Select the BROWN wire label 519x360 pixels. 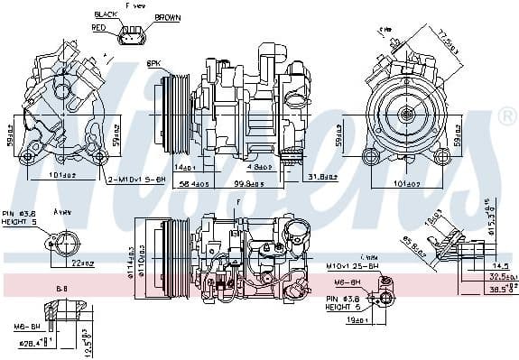click(x=167, y=16)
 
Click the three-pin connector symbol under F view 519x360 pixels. click(x=133, y=33)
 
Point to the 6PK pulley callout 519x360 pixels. click(x=154, y=65)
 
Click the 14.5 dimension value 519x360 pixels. click(x=502, y=266)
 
